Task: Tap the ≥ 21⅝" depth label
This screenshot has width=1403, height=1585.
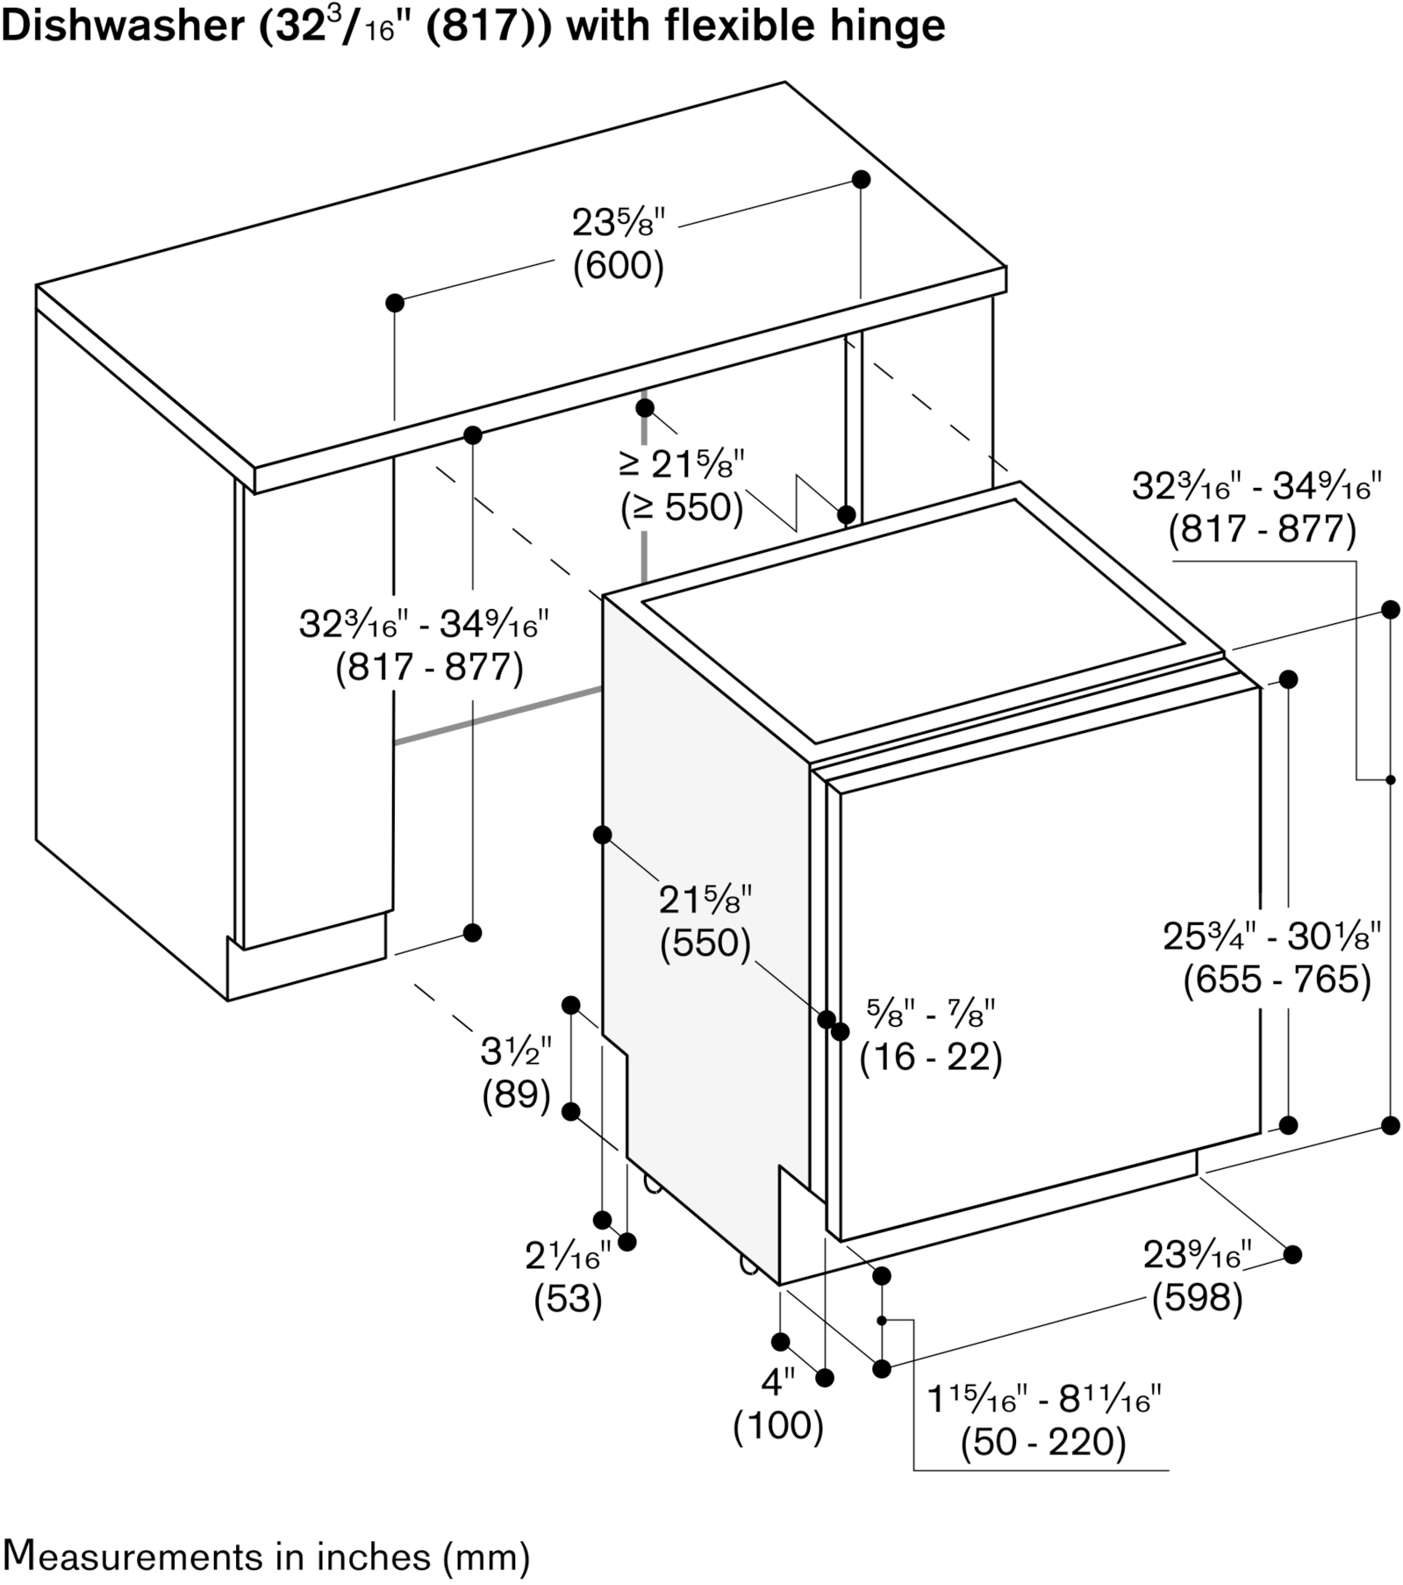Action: [x=681, y=464]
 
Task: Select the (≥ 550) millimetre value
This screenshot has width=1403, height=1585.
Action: [x=681, y=507]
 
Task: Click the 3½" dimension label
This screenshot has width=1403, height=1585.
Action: [x=516, y=1051]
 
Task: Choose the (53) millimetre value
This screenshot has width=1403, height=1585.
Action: [x=568, y=1299]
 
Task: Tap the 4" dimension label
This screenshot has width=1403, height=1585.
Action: [x=778, y=1383]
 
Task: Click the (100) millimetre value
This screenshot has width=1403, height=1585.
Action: [x=778, y=1426]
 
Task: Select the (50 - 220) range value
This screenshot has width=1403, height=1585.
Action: [x=1043, y=1442]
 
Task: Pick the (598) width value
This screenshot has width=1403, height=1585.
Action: [x=1198, y=1298]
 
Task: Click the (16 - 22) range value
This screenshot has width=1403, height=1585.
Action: [x=931, y=1057]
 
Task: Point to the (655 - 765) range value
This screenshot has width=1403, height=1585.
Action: [x=1277, y=980]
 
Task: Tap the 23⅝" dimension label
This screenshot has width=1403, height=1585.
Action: [x=619, y=223]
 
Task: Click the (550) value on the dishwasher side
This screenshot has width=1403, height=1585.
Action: [x=705, y=943]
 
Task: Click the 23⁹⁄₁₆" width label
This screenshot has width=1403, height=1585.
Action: [x=1197, y=1255]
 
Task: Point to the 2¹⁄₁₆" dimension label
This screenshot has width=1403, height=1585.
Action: [x=568, y=1256]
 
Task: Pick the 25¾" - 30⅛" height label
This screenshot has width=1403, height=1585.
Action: [x=1272, y=936]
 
